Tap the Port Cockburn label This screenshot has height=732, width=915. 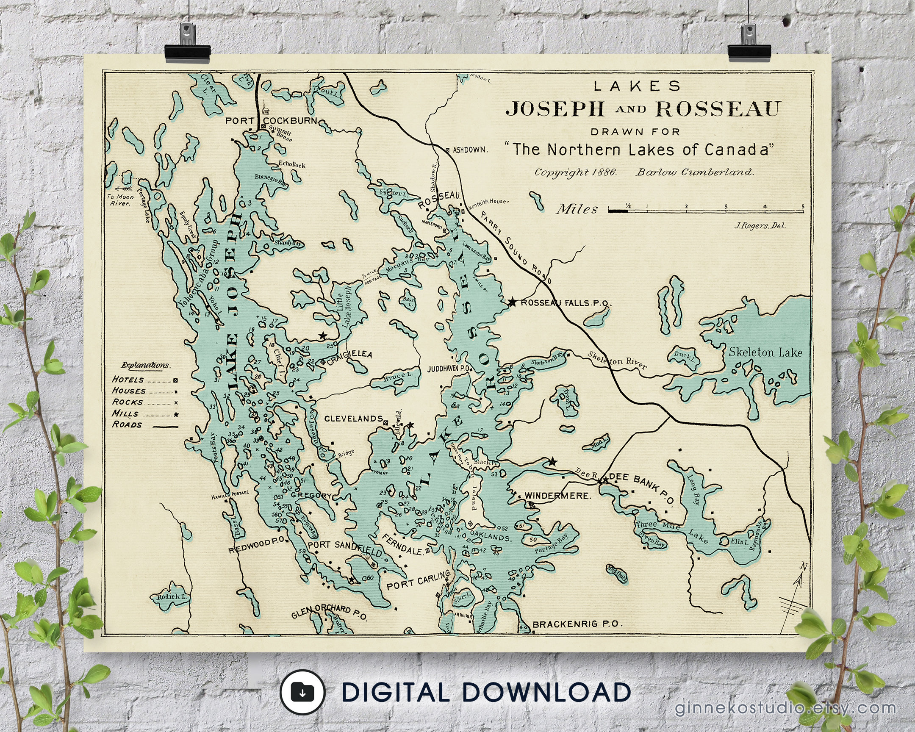pos(271,120)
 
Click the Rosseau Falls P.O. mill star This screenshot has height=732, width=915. pos(512,302)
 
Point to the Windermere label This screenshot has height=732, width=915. pos(557,496)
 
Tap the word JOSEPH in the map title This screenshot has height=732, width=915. pos(555,109)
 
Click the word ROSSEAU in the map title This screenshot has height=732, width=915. pos(718,109)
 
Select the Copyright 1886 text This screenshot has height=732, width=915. pos(576,172)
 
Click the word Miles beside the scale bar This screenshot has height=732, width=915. pos(577,209)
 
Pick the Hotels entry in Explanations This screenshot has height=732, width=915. pos(128,380)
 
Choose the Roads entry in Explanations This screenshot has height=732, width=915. pos(127,425)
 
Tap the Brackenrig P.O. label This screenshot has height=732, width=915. pos(577,624)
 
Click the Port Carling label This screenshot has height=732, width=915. pos(418,581)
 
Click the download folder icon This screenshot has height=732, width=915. pos(302,693)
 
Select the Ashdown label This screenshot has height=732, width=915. pos(470,150)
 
